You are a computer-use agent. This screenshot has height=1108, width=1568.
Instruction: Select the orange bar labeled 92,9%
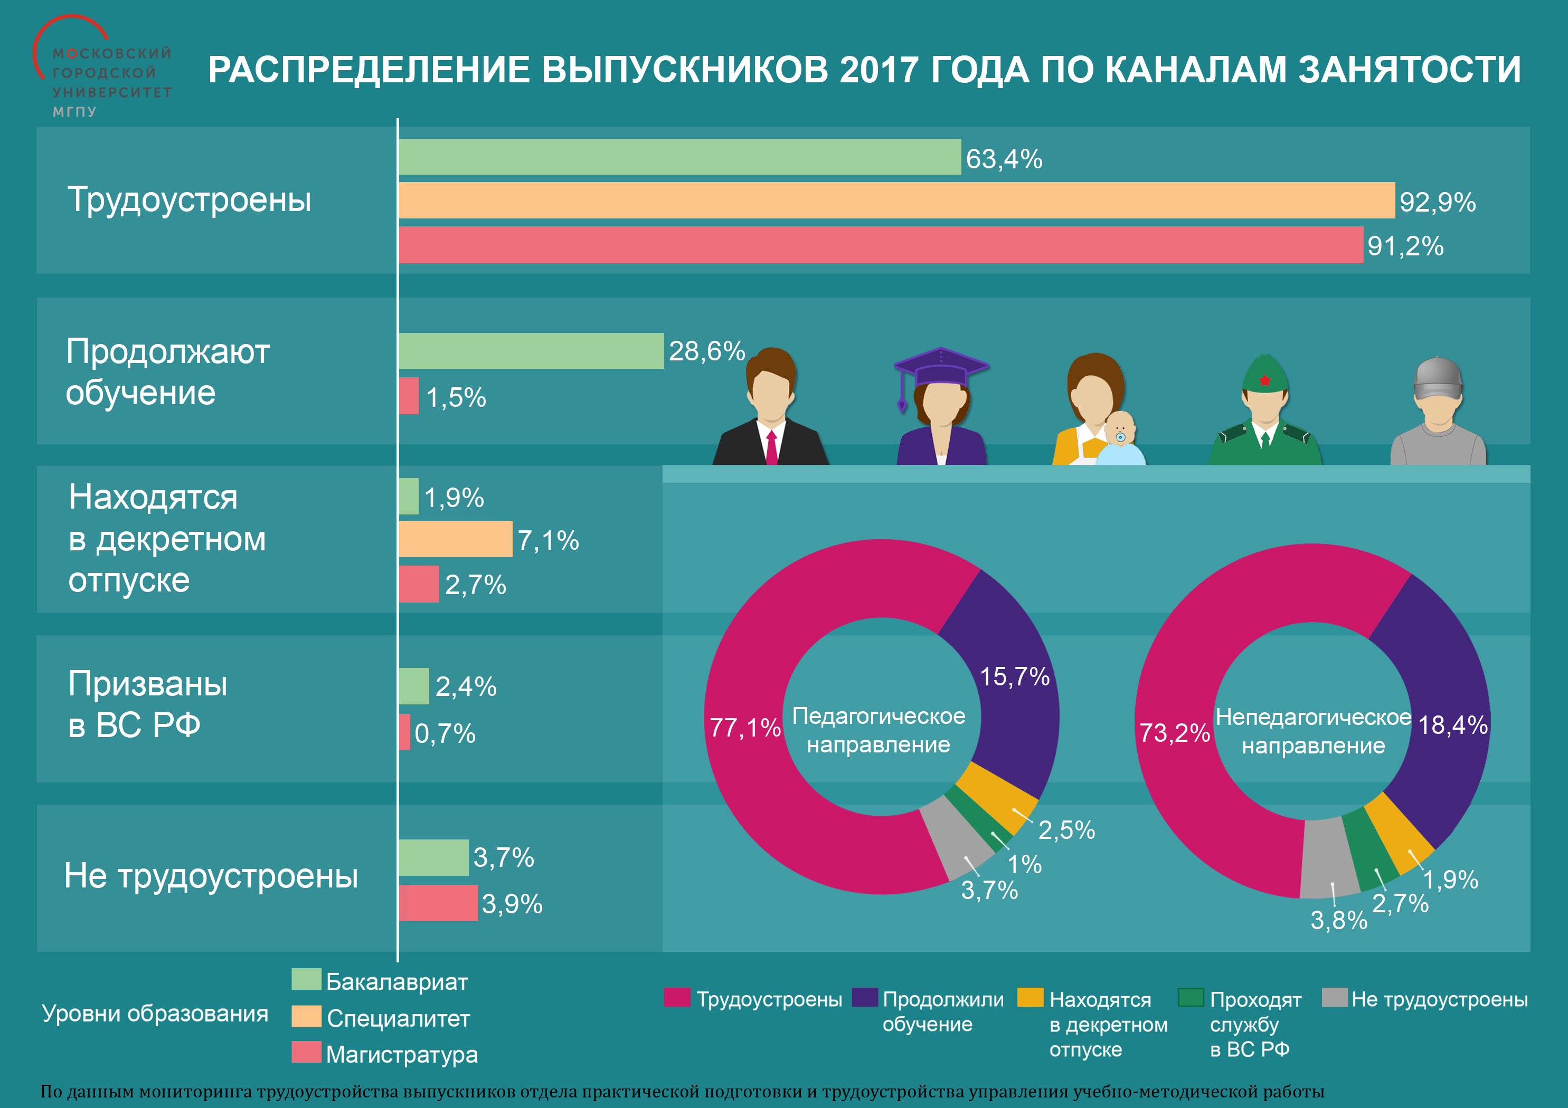click(896, 200)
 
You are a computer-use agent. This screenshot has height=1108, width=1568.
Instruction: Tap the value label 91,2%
click(1405, 246)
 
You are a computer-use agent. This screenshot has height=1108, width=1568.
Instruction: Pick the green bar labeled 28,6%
click(531, 351)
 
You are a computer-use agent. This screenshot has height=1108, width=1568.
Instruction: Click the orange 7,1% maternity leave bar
click(455, 539)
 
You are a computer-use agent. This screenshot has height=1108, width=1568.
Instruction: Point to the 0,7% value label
click(445, 733)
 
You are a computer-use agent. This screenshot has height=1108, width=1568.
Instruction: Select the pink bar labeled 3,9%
click(438, 903)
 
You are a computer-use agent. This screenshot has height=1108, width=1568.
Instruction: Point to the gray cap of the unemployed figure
click(1438, 378)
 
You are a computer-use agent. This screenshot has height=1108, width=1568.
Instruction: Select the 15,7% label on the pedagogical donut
click(1014, 676)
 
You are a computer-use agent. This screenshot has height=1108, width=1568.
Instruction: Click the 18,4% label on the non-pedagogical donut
click(1452, 724)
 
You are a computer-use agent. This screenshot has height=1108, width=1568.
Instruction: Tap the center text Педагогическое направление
click(879, 730)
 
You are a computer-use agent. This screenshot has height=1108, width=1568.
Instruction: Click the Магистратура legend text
click(402, 1054)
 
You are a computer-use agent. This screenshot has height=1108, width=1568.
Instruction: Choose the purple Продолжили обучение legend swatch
click(865, 997)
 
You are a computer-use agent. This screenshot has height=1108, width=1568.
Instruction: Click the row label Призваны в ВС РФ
click(147, 704)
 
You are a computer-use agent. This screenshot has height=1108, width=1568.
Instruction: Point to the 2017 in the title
click(879, 70)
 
